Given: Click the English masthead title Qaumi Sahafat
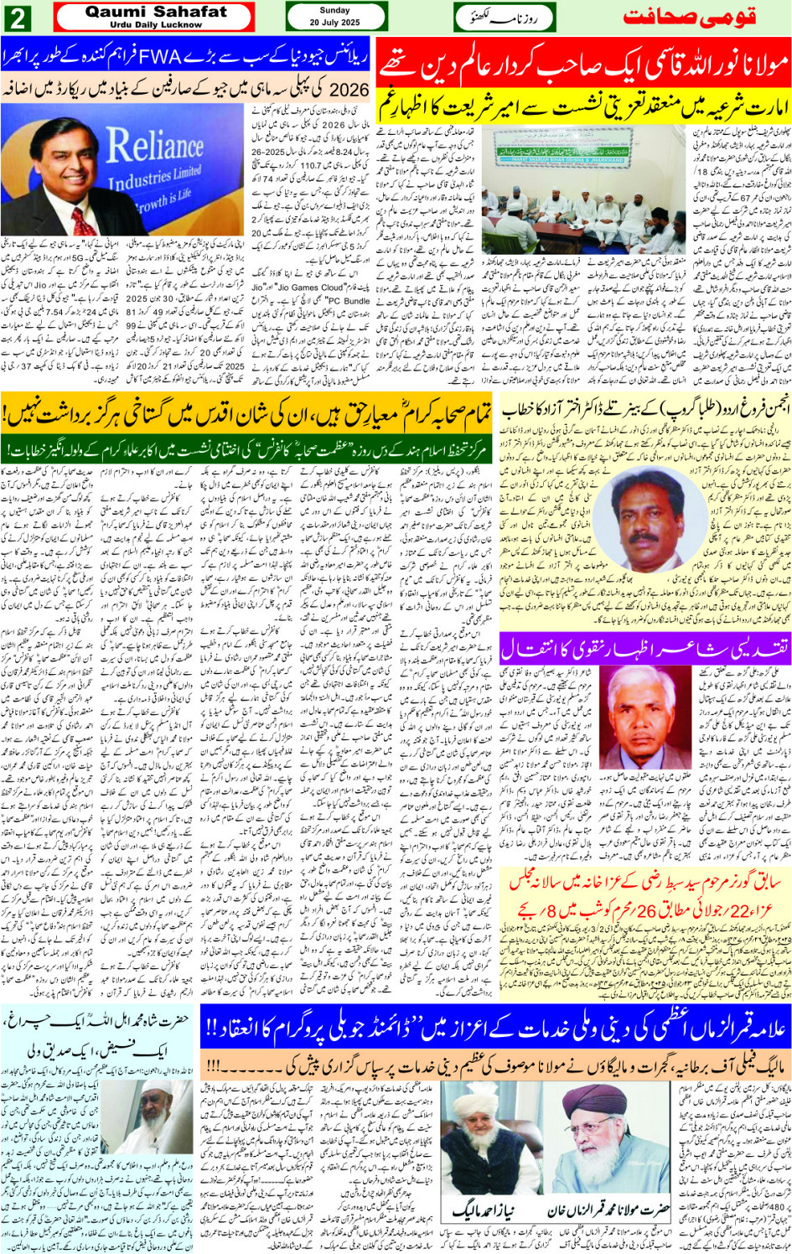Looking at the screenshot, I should click(x=156, y=12).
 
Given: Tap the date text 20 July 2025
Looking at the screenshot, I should click(x=334, y=23).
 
